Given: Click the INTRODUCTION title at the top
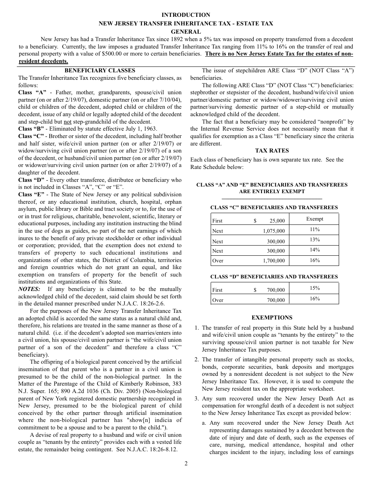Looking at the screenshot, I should tap(186, 15).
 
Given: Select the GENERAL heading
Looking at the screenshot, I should tap(186, 32).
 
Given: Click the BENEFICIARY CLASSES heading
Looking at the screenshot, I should tap(100, 70).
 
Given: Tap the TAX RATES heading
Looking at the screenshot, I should tap(272, 151).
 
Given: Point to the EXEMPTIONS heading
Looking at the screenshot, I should tap(272, 318).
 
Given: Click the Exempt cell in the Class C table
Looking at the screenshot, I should tap(315, 219).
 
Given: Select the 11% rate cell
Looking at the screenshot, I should tap(315, 230).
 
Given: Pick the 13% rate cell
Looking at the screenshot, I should tap(315, 240).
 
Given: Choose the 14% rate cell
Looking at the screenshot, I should tap(315, 250).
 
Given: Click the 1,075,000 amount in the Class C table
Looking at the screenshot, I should tap(274, 231).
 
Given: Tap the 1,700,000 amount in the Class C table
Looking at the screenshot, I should tap(274, 261).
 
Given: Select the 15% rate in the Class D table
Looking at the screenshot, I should tap(315, 288).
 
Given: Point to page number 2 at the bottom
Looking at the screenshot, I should tap(186, 464).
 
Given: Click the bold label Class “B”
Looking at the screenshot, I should tap(31, 129).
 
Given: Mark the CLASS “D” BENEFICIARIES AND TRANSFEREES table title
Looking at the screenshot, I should tap(274, 276).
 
